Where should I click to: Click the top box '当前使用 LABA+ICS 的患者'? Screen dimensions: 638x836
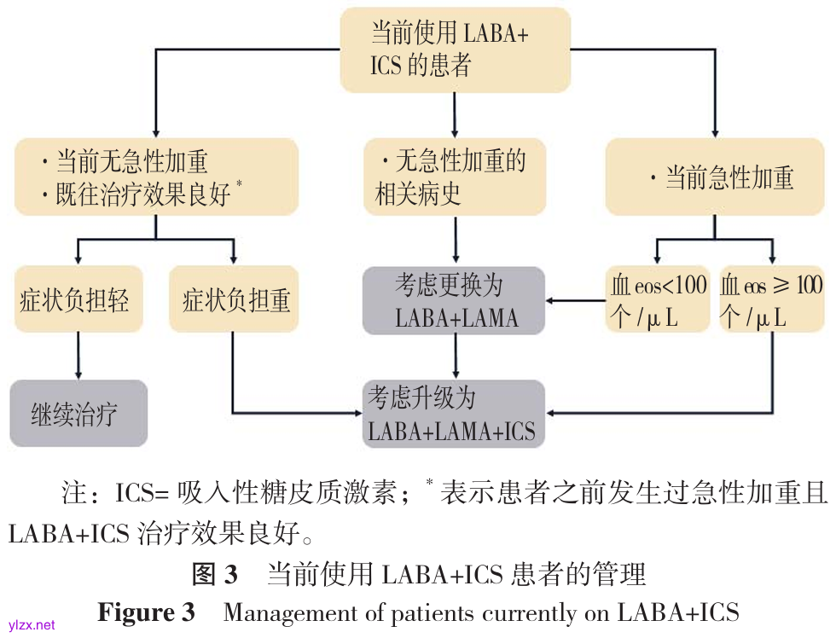(x=455, y=49)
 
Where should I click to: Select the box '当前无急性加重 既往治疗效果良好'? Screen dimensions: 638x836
(x=156, y=177)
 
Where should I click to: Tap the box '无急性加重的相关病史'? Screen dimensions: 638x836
(x=455, y=177)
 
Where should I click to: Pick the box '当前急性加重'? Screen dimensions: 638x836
(x=716, y=177)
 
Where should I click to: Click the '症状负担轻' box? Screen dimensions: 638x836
(x=77, y=300)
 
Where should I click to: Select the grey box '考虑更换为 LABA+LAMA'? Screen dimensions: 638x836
(x=455, y=300)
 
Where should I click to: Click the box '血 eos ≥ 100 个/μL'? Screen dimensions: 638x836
(x=772, y=300)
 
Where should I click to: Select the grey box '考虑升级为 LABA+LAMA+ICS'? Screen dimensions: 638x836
(x=455, y=414)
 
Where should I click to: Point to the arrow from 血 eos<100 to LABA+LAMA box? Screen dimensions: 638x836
(x=576, y=300)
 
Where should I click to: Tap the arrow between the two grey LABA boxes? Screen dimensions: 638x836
(x=455, y=357)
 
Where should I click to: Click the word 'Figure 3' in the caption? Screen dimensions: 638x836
(x=146, y=612)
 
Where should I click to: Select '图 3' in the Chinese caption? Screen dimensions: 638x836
(x=215, y=574)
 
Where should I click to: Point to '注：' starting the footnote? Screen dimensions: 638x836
(x=82, y=495)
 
